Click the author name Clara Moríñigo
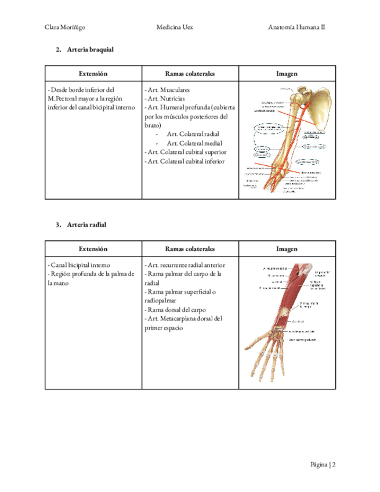click(64, 27)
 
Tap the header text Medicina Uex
click(176, 27)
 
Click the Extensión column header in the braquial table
click(93, 74)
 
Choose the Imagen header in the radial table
click(287, 249)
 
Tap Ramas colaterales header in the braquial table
click(190, 74)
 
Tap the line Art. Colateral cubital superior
click(186, 152)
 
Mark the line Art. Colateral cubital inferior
click(184, 161)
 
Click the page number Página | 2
click(323, 465)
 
